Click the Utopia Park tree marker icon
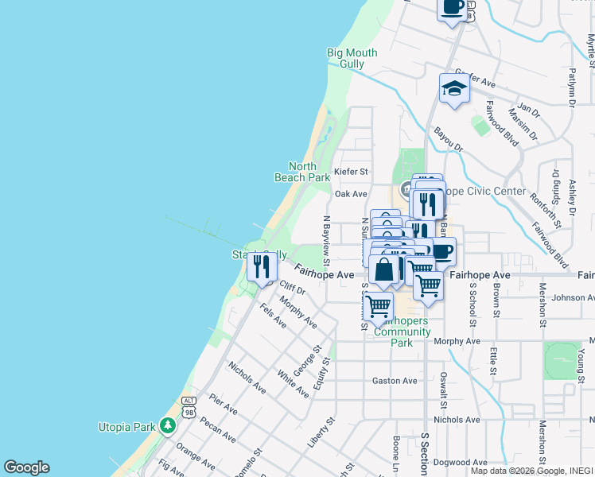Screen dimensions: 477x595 tap(167, 426)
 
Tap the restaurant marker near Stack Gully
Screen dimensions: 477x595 tap(262, 268)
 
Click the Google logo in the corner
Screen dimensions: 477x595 tap(26, 467)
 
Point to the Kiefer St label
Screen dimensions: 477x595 tap(352, 172)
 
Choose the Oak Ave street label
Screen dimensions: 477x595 tap(351, 194)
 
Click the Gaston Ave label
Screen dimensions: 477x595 tap(395, 381)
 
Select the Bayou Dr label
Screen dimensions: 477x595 tap(448, 137)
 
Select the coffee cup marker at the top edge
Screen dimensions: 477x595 tap(453, 8)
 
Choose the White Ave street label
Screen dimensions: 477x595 tap(292, 383)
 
